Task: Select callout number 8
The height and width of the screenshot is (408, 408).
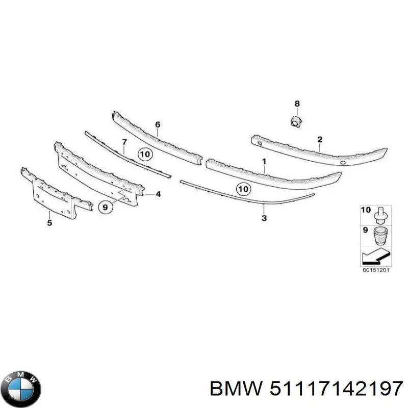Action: [297, 104]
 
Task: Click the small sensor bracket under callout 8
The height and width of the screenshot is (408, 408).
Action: [296, 121]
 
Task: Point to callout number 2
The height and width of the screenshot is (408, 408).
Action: [320, 139]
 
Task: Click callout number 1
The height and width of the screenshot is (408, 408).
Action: [264, 162]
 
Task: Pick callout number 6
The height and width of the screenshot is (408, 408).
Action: [158, 124]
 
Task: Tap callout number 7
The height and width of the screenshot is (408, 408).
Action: [124, 142]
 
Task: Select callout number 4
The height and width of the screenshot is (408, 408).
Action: [158, 194]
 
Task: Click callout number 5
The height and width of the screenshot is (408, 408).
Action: [49, 222]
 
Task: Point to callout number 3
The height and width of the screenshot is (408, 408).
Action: [264, 218]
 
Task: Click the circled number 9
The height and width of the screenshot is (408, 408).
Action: [106, 208]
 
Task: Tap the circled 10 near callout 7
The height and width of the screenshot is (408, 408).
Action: [145, 155]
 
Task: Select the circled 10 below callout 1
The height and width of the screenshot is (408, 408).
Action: [244, 189]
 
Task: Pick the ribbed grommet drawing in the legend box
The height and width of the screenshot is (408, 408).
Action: [380, 236]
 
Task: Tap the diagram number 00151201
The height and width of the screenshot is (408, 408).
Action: [376, 270]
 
